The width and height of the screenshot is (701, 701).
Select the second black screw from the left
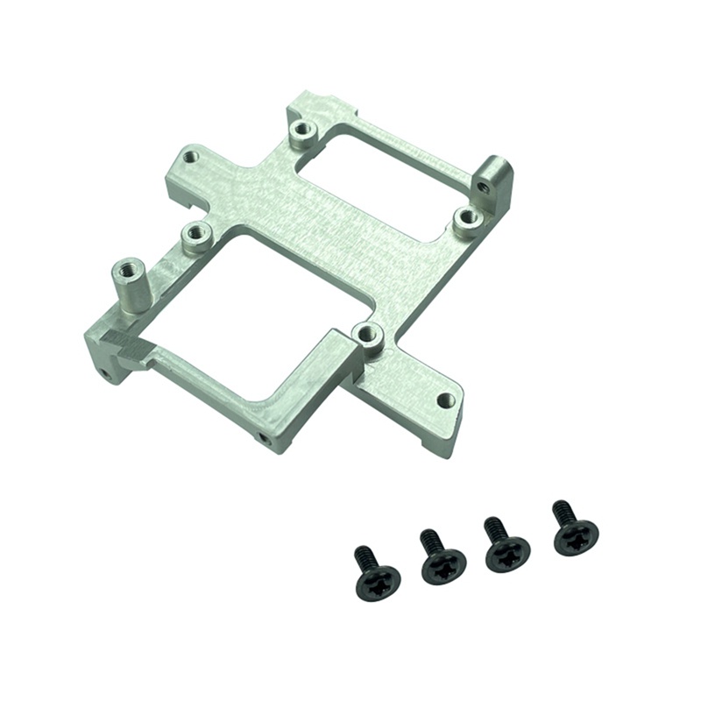click(443, 567)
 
